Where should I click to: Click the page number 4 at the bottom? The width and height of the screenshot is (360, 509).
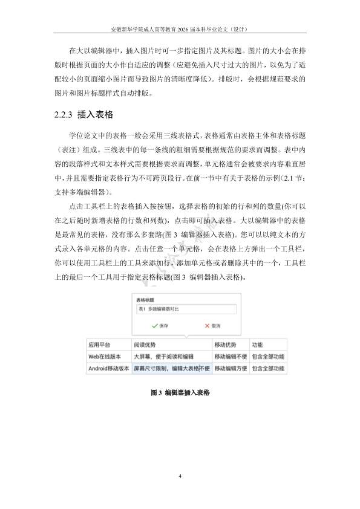(180, 477)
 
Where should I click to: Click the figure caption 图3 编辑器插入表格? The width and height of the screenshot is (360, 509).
(180, 392)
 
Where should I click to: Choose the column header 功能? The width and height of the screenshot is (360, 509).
(257, 343)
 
